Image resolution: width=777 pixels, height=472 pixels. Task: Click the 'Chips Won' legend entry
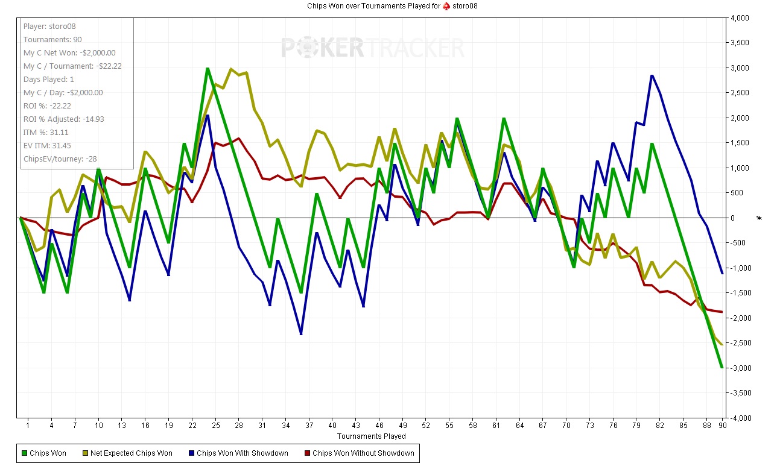48,453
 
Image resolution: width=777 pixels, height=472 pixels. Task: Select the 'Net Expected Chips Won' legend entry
131,453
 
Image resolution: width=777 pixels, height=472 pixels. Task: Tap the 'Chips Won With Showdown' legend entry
242,453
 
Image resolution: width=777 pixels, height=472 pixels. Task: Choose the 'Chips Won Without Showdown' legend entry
363,453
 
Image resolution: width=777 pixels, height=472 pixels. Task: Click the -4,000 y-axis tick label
740,418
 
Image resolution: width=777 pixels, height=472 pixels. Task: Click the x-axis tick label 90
722,426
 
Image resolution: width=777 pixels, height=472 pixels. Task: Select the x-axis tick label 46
379,426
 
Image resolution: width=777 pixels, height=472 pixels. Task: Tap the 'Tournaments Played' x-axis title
372,436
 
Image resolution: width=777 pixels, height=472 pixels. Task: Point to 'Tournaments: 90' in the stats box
52,40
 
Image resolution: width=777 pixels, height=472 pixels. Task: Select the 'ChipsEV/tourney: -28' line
60,159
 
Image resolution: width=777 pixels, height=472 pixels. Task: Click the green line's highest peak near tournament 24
208,68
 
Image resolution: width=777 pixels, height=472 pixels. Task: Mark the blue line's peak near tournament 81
652,75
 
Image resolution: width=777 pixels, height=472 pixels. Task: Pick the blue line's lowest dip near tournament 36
301,334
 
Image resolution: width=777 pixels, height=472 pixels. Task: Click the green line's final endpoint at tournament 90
722,367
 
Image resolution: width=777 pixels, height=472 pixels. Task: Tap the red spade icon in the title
446,6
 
